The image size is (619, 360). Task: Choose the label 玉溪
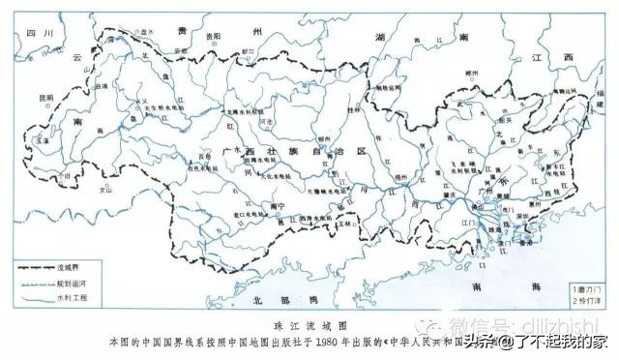pos(43,141)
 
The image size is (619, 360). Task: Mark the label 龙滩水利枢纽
pos(246,111)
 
